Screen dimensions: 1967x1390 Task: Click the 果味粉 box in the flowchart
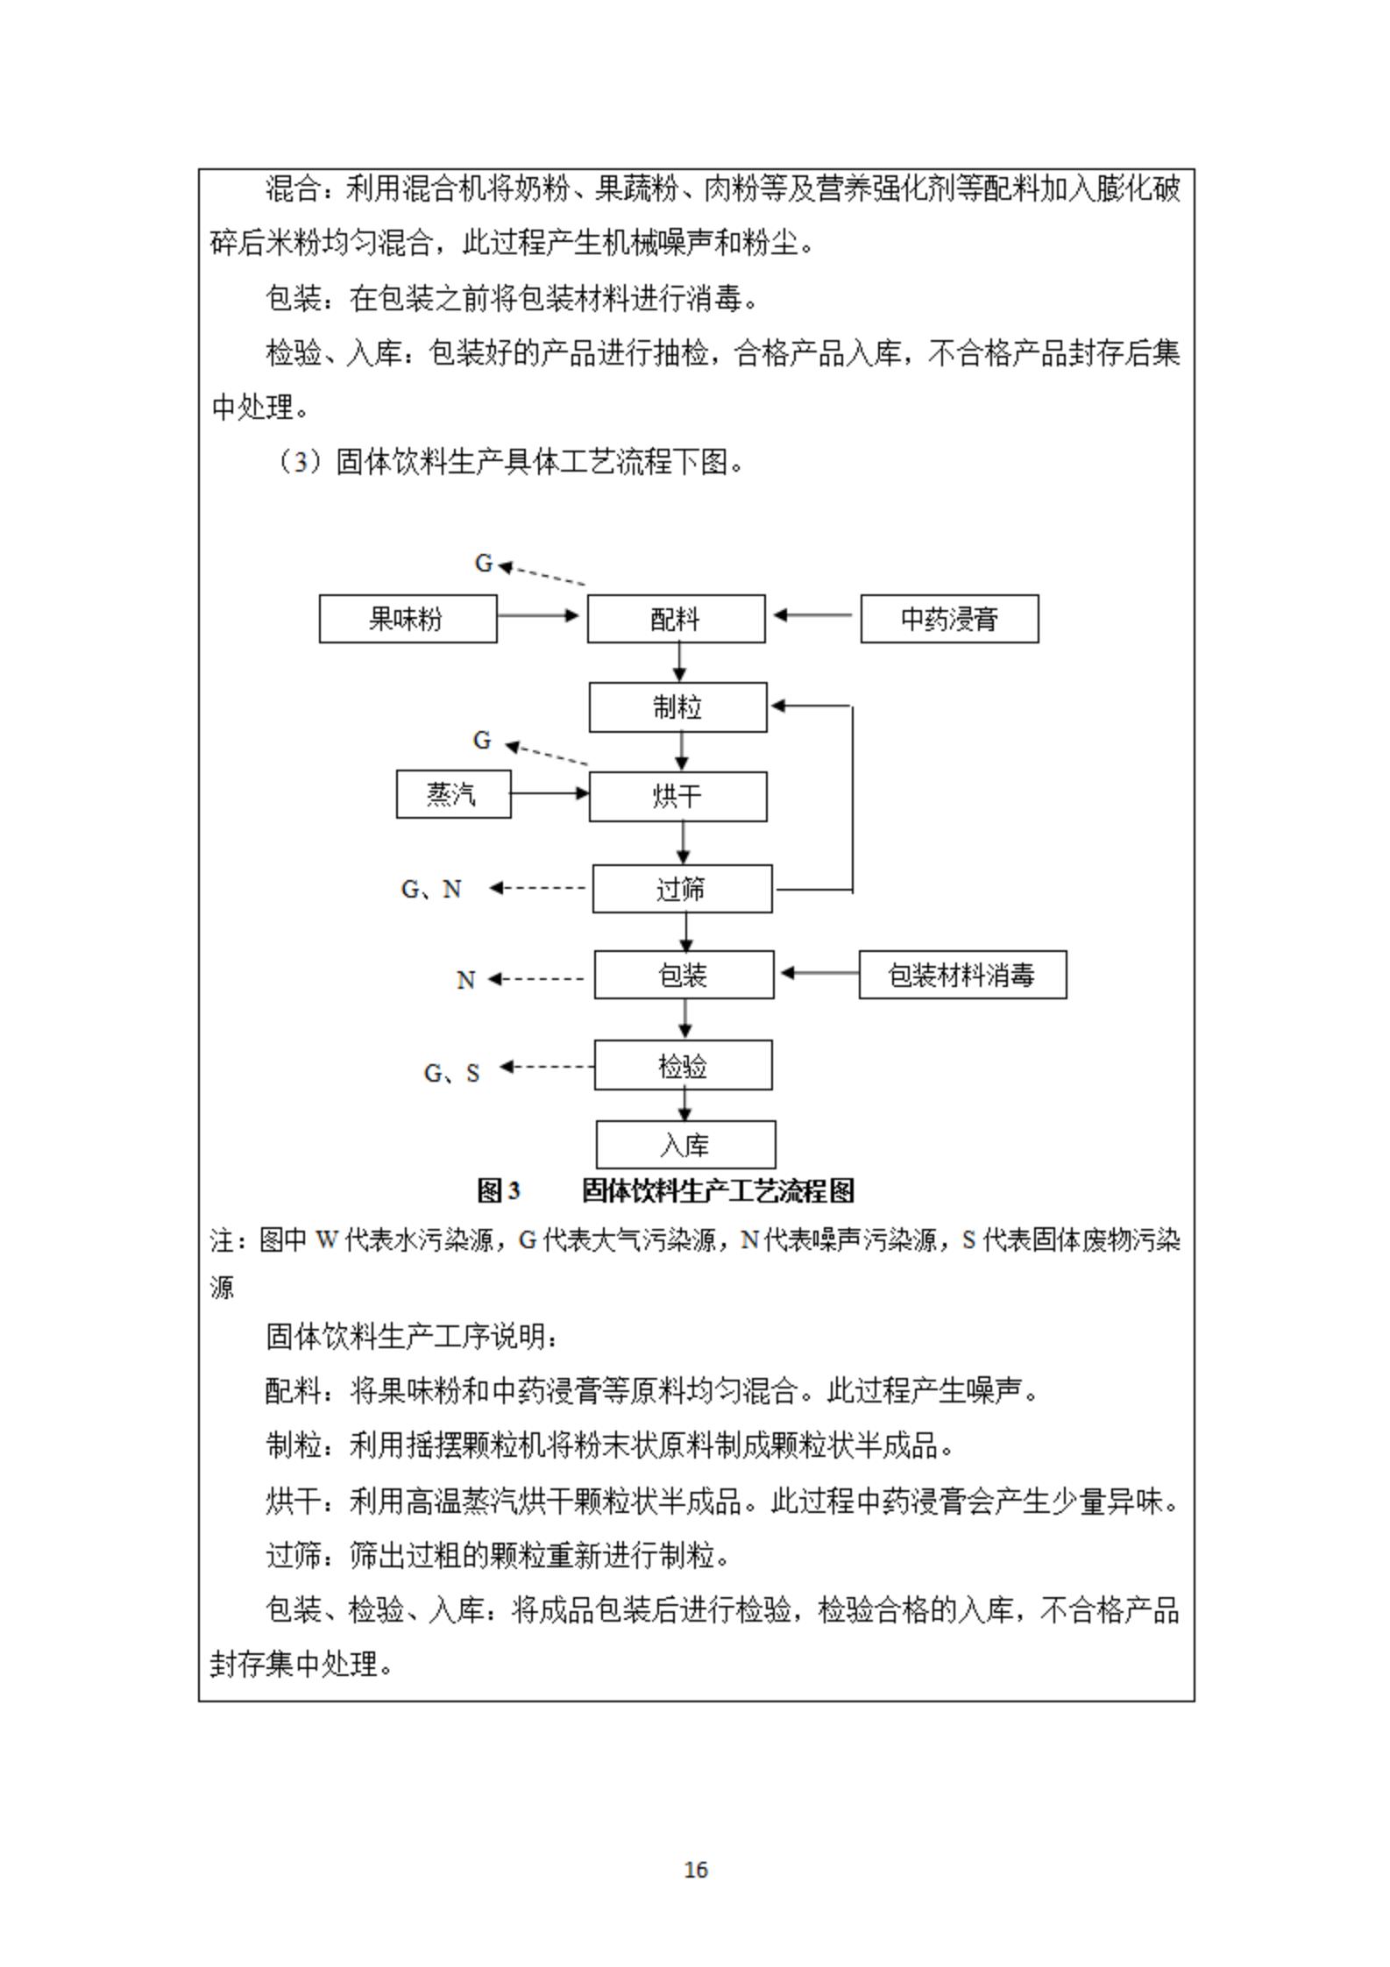click(408, 619)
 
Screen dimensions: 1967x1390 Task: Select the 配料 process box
click(676, 619)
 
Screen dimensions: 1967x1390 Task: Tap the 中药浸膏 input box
click(949, 619)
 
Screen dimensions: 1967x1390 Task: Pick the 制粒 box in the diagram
click(677, 707)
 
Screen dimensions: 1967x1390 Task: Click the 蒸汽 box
click(453, 794)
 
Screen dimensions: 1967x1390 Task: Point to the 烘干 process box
click(677, 796)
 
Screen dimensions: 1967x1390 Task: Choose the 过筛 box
click(682, 889)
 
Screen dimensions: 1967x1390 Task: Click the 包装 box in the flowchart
click(684, 975)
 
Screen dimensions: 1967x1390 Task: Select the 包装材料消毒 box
click(962, 975)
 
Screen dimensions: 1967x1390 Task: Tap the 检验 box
click(683, 1066)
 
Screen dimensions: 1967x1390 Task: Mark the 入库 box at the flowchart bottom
click(685, 1145)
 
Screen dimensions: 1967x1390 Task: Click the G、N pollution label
click(430, 890)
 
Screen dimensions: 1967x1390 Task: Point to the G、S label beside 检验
click(451, 1073)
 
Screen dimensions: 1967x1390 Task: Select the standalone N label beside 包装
click(465, 980)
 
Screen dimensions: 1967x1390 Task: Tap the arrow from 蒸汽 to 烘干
click(550, 793)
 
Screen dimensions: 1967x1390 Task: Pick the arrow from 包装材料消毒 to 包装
click(819, 973)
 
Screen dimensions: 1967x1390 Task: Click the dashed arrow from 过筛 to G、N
click(538, 888)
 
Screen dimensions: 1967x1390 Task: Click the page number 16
click(695, 1870)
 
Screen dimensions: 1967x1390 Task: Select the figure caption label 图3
click(498, 1191)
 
